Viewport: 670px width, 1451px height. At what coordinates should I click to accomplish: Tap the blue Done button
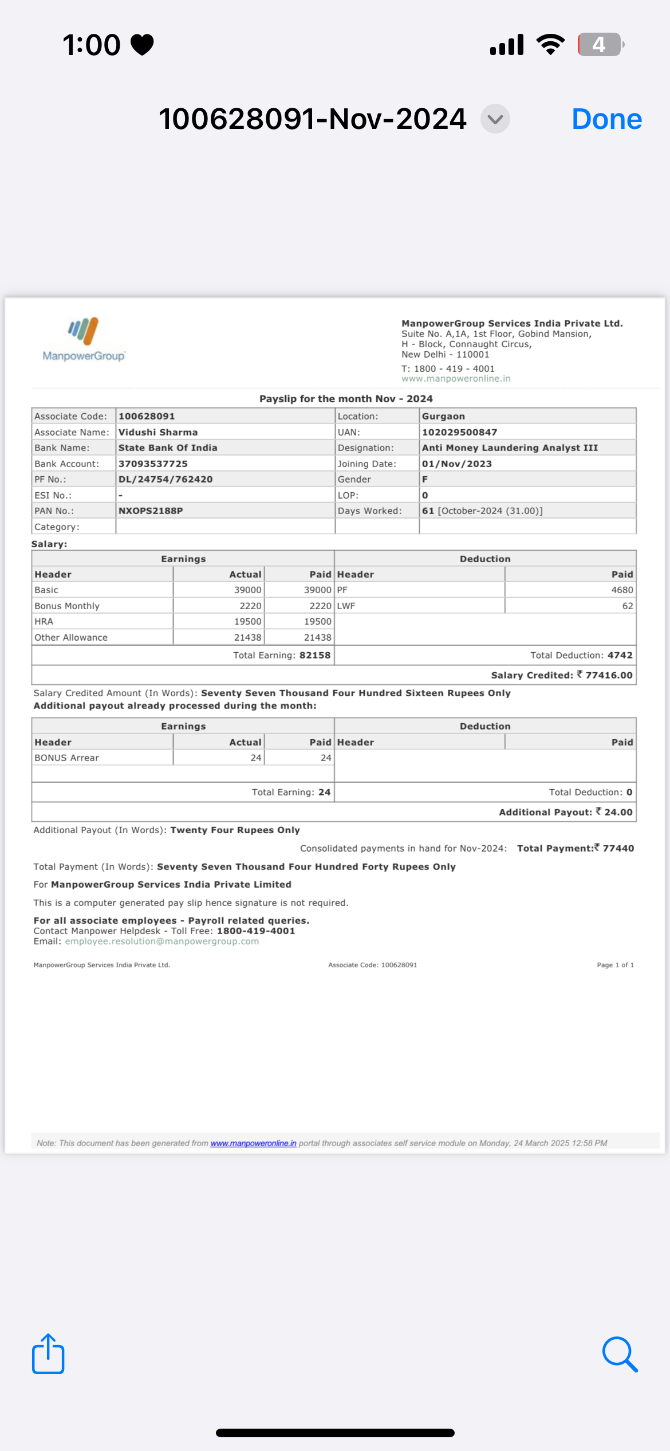606,119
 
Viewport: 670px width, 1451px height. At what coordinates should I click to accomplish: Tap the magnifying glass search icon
620,1354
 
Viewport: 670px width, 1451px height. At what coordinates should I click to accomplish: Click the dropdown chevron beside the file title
495,119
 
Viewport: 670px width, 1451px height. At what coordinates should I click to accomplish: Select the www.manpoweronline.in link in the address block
456,379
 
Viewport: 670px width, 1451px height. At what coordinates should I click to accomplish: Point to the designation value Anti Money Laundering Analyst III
510,448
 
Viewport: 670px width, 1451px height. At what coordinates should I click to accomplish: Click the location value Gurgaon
443,416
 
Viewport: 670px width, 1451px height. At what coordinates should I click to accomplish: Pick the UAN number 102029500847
459,432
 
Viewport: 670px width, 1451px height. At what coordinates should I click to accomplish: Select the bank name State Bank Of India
168,448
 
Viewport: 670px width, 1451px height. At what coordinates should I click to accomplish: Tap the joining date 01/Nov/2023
456,464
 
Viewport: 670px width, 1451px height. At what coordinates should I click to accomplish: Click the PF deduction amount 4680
622,590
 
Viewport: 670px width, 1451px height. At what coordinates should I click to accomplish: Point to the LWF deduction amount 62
628,606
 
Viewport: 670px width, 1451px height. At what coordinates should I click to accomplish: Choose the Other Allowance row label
71,637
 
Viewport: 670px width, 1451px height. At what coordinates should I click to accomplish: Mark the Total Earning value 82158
315,655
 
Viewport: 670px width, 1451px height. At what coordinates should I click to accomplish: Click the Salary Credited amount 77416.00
609,675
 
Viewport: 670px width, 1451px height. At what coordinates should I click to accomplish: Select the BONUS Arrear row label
66,758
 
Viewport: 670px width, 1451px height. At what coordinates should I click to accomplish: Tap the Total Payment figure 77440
618,848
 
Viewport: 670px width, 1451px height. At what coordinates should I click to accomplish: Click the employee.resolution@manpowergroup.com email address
161,941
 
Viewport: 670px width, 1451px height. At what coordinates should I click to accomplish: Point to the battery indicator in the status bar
600,45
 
